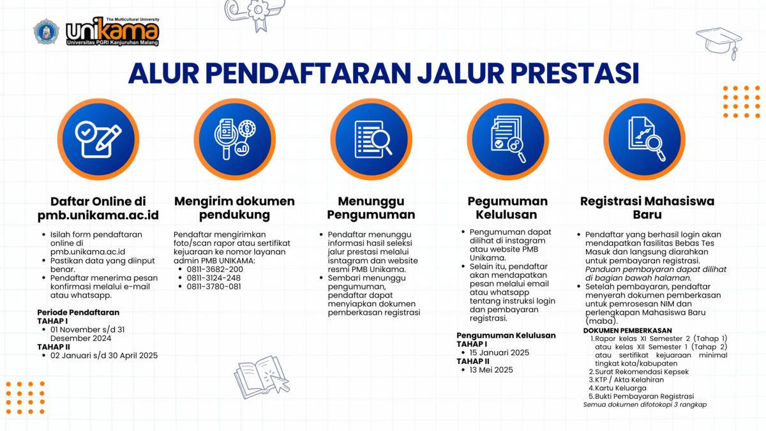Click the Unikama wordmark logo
tap(112, 31)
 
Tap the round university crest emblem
tap(46, 31)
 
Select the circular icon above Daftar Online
tap(98, 139)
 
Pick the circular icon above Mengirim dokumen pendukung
tap(235, 139)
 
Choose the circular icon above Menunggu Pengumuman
tap(372, 139)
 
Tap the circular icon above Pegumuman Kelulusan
tap(508, 139)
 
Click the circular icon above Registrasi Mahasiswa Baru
tap(644, 139)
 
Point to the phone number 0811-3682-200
tap(214, 269)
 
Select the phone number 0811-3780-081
tap(214, 287)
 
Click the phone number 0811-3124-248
tap(214, 278)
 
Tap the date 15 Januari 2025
tap(499, 352)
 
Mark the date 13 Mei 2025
tap(491, 370)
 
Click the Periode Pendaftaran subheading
tap(79, 312)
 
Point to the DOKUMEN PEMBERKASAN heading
tap(627, 331)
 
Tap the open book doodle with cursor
tap(262, 377)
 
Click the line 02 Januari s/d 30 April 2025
tap(104, 356)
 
